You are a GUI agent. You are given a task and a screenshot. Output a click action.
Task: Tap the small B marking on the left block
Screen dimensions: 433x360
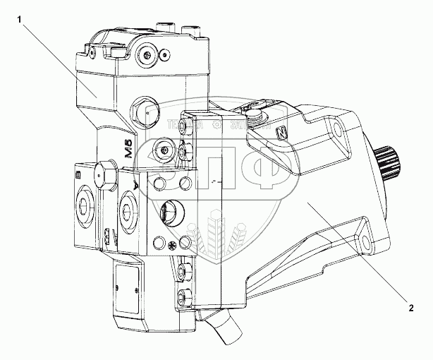point(78,173)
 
